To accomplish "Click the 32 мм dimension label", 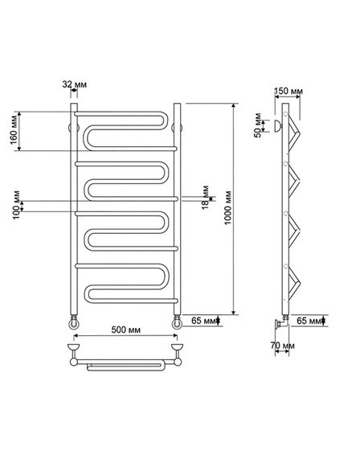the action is tap(75, 84).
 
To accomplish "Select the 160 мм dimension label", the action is tap(14, 130).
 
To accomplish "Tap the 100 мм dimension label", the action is tap(17, 205).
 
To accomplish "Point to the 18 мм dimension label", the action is tap(205, 198).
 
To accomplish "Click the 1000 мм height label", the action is tap(228, 207).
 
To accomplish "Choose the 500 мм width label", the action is tap(125, 329).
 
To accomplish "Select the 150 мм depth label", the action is tap(288, 92).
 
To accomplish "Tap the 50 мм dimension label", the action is tap(258, 125).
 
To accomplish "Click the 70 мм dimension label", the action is tap(282, 346).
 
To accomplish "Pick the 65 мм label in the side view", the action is tap(309, 321).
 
